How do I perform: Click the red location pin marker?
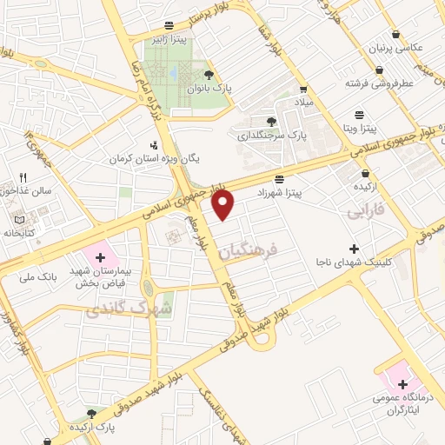point(224,205)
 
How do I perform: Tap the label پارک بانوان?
point(208,89)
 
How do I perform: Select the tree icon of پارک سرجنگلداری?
point(272,121)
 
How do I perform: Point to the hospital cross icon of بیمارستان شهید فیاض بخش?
point(100,257)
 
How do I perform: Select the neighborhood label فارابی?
point(365,211)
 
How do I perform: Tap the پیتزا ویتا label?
point(359,129)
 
